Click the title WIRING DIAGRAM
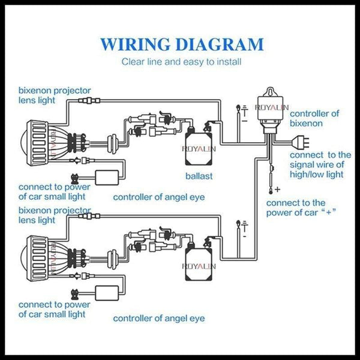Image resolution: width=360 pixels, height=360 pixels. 181,44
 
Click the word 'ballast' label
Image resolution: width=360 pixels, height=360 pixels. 199,176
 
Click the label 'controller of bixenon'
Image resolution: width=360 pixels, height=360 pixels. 314,118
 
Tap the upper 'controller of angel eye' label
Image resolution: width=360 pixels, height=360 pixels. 159,197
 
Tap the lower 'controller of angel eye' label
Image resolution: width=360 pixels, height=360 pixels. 159,318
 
